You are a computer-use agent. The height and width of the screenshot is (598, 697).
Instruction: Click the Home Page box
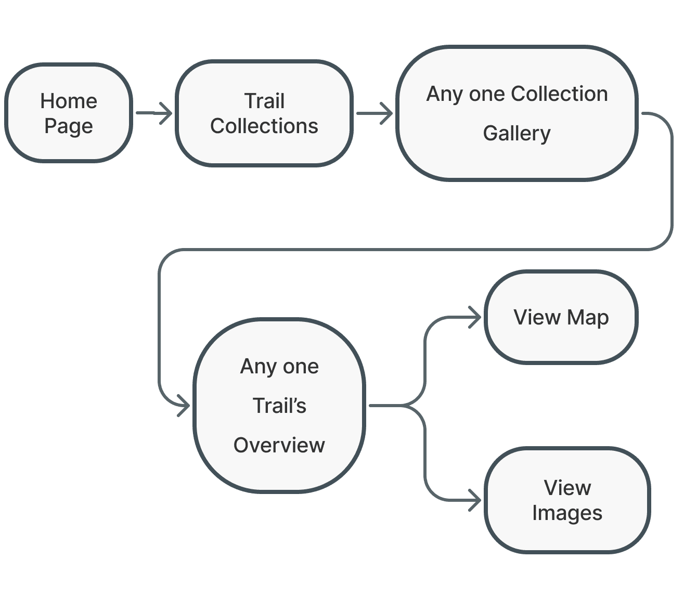tap(69, 113)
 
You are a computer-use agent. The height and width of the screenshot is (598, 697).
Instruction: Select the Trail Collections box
tap(264, 113)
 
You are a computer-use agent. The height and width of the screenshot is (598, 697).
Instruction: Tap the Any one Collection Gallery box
tap(517, 113)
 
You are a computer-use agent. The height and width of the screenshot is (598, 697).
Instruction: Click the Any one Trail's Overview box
tap(279, 406)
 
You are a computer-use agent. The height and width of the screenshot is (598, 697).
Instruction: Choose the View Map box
tap(561, 317)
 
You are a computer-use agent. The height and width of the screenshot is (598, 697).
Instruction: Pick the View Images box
tap(567, 500)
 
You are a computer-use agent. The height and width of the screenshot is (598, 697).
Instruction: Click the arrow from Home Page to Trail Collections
tap(154, 113)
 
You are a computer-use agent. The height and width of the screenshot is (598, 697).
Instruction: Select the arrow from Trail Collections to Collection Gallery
tap(375, 113)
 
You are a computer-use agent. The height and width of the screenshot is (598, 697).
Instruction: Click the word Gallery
tap(517, 134)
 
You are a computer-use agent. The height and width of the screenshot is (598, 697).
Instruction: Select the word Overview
tap(279, 446)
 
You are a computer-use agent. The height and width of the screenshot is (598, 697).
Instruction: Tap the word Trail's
tap(279, 406)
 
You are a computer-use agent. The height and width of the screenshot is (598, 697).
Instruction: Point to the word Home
tap(69, 101)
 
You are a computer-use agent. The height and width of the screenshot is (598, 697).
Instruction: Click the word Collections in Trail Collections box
tap(264, 126)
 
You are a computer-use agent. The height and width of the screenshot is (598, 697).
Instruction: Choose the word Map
tap(588, 318)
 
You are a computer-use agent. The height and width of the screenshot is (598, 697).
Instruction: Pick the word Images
tap(567, 513)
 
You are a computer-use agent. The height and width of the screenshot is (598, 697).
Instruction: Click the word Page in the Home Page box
tap(69, 126)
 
